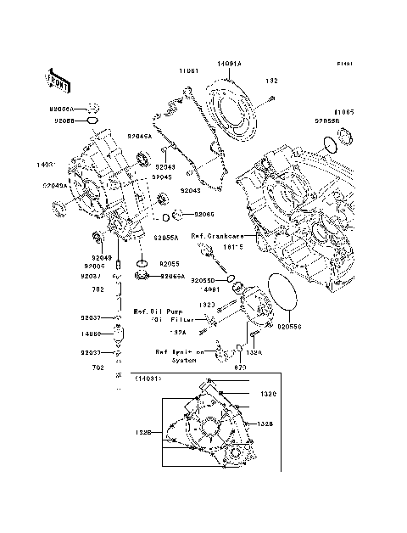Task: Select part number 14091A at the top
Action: click(229, 64)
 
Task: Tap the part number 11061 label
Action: click(188, 71)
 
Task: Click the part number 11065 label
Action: click(343, 111)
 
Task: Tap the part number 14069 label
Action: click(92, 334)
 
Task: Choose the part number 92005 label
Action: click(92, 265)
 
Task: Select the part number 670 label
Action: click(240, 367)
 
